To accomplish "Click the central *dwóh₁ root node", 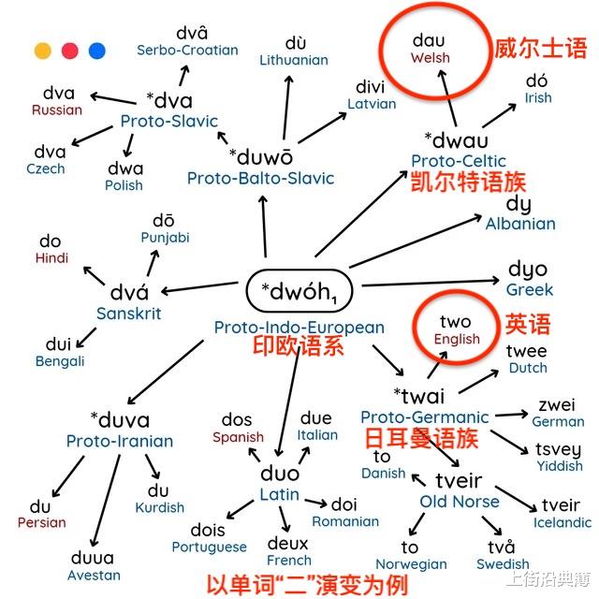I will [299, 292].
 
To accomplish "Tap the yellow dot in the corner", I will [42, 51].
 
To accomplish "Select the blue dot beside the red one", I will [96, 51].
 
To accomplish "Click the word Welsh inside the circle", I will [430, 58].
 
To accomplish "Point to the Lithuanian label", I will [294, 60].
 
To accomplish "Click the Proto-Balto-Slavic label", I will [260, 178].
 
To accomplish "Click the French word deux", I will [288, 544].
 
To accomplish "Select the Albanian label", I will [520, 224].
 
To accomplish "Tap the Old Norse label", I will [460, 502].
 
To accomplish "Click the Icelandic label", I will [562, 522].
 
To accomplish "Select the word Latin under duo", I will [280, 495].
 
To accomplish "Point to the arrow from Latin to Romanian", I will [315, 504].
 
